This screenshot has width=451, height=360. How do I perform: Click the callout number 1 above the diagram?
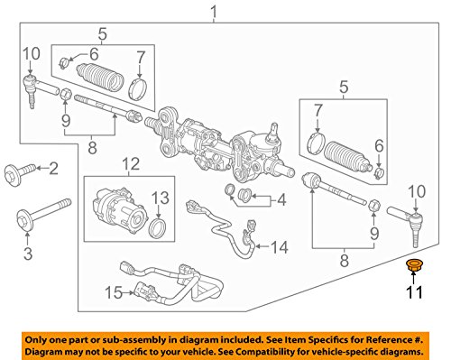coord(213,12)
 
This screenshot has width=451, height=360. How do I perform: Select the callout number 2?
coord(52,167)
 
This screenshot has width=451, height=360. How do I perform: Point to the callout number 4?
coord(281,198)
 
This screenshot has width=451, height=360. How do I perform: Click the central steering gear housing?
coord(216,142)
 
